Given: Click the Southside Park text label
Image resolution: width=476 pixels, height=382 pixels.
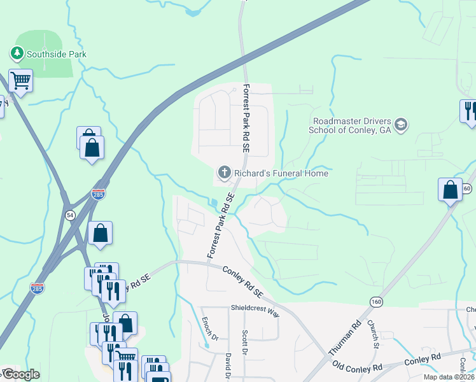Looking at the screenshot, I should [56, 54].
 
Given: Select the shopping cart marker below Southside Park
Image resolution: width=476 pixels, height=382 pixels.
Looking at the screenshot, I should [20, 81].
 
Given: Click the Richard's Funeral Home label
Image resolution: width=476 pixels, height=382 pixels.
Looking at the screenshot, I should [281, 173].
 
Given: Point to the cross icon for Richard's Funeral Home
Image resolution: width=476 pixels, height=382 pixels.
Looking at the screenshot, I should [223, 173].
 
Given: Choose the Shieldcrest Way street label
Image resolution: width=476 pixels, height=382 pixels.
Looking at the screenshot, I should [255, 308].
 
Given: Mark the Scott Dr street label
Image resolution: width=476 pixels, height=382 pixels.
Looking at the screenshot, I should [244, 341].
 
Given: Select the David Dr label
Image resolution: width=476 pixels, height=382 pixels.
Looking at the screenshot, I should [228, 367].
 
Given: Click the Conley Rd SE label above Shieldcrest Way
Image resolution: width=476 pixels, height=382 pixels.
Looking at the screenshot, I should [243, 281].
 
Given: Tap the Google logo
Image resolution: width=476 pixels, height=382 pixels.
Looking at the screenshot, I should [20, 374].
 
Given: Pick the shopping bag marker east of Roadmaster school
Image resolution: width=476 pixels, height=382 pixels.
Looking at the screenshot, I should [450, 190].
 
